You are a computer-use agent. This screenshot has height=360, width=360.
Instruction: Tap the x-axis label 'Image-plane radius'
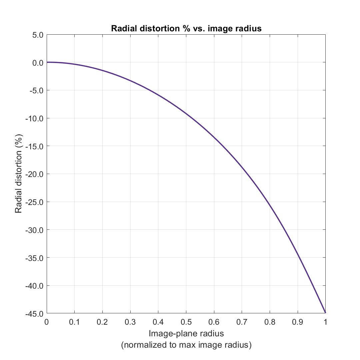186,333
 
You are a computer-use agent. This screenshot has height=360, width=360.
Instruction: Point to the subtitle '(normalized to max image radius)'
186,345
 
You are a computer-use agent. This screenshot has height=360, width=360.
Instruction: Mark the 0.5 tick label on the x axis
186,322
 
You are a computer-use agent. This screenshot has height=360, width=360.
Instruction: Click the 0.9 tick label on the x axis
297,322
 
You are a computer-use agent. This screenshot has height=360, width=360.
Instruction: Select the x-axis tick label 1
325,322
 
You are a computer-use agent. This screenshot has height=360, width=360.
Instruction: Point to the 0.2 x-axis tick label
102,322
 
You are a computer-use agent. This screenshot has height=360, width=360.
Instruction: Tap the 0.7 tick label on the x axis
242,322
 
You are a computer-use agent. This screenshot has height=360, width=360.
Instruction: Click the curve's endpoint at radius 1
325,313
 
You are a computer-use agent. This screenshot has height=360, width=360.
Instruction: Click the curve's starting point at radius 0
47,62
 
